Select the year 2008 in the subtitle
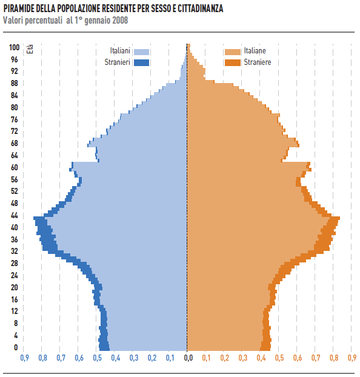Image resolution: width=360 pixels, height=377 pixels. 118,20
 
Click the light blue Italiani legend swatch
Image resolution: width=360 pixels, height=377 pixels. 141,52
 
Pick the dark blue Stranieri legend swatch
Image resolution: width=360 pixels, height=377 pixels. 141,62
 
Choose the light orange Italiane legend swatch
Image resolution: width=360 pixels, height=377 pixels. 233,52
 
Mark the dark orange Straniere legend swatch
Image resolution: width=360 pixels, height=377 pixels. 233,62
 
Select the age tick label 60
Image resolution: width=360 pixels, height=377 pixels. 15,167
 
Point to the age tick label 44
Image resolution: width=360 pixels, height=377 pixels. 15,215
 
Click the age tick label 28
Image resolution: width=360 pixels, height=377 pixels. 15,263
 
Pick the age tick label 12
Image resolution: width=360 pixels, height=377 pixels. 15,311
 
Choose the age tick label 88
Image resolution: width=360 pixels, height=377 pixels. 15,83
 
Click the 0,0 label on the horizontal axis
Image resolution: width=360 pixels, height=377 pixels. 188,358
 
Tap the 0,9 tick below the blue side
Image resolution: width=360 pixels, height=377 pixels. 24,358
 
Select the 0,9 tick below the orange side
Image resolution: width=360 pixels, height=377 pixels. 352,358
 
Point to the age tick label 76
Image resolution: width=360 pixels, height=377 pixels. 15,119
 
